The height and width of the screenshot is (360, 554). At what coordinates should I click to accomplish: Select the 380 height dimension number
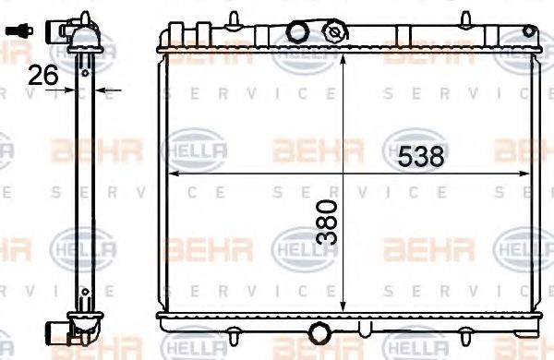tap(326, 221)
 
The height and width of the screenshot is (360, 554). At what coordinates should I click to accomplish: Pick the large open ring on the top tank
tap(297, 31)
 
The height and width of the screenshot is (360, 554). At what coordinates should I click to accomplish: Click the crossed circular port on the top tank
tap(333, 30)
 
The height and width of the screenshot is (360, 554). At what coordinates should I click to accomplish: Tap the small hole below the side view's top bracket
tap(85, 63)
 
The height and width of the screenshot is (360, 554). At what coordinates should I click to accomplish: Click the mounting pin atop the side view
tap(86, 16)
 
